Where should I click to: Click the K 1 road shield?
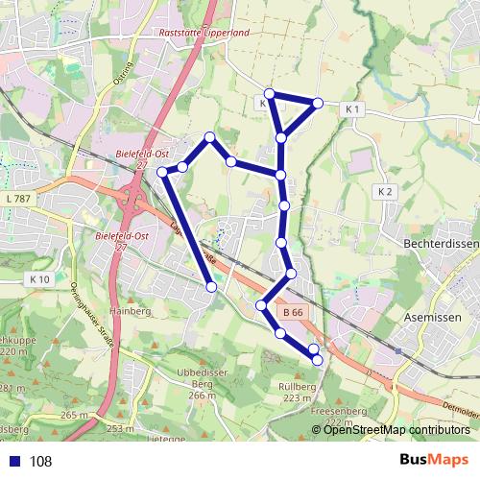coord(351,109)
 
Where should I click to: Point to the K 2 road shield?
coord(385,192)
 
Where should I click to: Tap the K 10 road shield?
coord(39,278)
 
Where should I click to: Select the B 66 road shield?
coord(293,312)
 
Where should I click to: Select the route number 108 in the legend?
coord(40,461)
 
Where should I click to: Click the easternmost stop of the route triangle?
coord(318,102)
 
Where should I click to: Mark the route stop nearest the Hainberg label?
coord(211,285)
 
